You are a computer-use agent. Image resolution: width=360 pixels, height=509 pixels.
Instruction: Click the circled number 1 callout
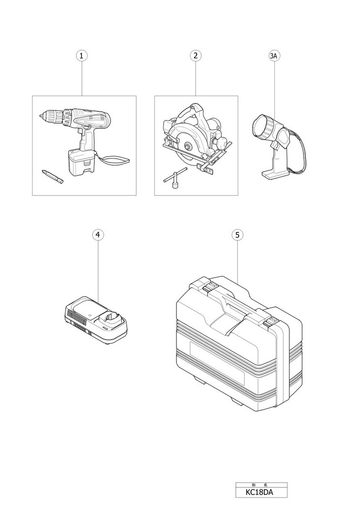point(81,56)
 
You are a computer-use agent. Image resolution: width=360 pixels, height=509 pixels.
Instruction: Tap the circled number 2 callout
point(196,56)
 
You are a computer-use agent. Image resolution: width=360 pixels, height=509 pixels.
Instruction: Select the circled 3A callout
point(275,56)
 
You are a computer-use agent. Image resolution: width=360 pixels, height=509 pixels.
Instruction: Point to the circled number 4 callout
point(98,235)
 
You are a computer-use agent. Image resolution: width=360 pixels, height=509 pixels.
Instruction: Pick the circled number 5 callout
point(238,235)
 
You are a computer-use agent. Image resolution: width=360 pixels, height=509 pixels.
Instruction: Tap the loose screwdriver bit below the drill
point(53,176)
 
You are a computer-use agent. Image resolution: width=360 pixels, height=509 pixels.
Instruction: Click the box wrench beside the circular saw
point(176,177)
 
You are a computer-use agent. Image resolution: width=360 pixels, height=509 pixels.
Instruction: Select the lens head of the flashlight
point(263,126)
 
